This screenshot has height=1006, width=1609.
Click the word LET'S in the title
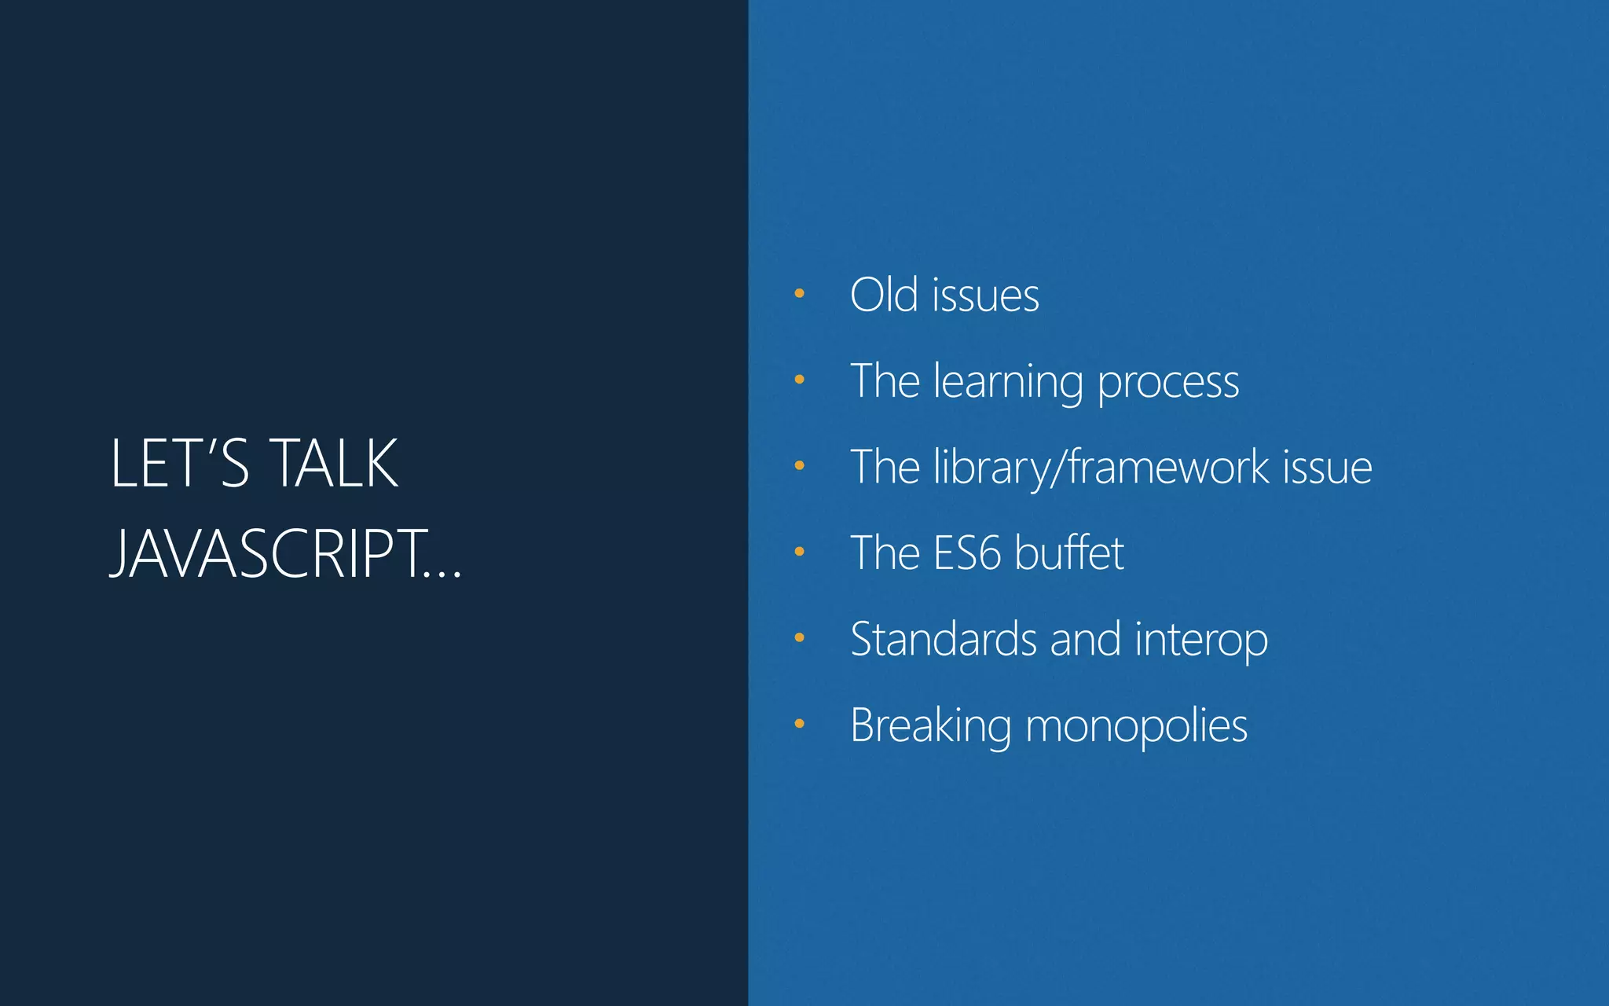click(180, 464)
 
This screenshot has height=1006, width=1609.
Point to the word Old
click(884, 296)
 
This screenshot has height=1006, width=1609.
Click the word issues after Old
click(985, 296)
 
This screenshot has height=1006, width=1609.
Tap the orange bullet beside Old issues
click(799, 294)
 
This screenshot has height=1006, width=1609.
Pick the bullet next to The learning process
click(799, 380)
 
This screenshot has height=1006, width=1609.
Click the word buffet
click(1069, 553)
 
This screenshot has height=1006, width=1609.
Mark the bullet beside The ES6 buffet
click(799, 552)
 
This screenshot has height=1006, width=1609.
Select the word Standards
click(943, 639)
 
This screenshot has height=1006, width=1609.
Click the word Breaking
click(930, 725)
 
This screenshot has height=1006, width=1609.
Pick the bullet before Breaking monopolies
click(799, 724)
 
